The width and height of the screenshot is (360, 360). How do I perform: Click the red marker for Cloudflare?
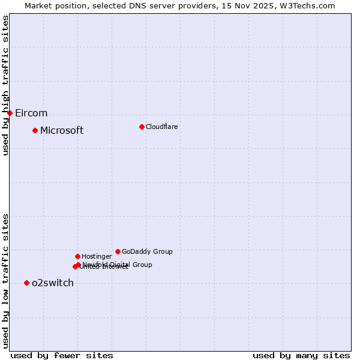tap(142, 127)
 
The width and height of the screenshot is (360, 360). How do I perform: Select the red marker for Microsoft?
tap(35, 130)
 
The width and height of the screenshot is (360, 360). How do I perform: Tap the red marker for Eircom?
tap(10, 113)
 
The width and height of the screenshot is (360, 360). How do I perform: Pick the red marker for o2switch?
tap(26, 283)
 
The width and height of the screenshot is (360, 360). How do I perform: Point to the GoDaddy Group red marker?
tap(118, 251)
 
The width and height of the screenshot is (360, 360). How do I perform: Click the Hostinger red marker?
tap(77, 256)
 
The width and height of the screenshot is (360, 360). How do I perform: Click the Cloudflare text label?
tap(161, 127)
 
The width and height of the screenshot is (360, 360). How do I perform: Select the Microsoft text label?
tap(62, 131)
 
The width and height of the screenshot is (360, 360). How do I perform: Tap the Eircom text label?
tap(31, 113)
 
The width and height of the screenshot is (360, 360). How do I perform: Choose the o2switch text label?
tap(53, 283)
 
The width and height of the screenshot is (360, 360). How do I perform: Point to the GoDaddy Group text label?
tap(147, 252)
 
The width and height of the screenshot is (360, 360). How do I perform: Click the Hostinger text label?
tap(97, 257)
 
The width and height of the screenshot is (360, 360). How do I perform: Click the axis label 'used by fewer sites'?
tap(62, 355)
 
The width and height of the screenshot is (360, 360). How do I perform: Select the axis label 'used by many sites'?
tap(301, 355)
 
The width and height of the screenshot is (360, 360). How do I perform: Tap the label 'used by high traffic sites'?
tap(6, 85)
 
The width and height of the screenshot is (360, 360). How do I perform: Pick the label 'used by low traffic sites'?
tap(6, 281)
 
